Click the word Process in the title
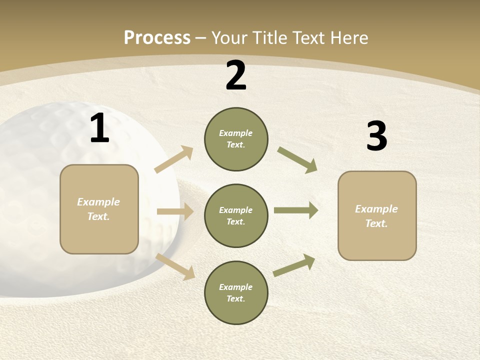click(x=157, y=38)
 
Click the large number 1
click(x=99, y=129)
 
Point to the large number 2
click(x=236, y=76)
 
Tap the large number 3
click(x=376, y=136)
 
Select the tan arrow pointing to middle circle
click(x=175, y=211)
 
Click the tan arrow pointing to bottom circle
click(x=175, y=266)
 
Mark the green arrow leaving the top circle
click(x=297, y=160)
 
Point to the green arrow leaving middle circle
click(x=296, y=210)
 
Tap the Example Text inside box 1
click(x=99, y=209)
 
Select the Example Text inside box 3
click(x=376, y=216)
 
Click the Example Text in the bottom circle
click(x=236, y=292)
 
